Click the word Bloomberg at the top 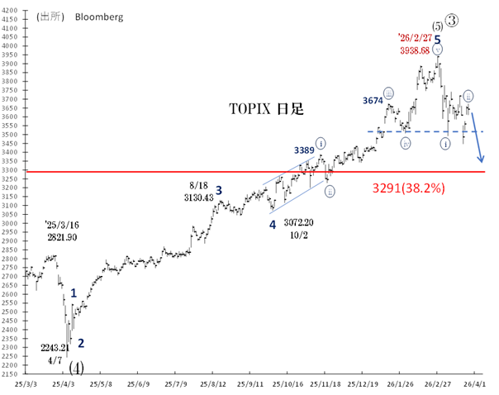[96, 15]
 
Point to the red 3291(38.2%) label [410, 188]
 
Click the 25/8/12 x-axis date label [212, 383]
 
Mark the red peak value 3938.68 [415, 50]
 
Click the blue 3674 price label [373, 100]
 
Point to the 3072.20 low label [300, 223]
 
